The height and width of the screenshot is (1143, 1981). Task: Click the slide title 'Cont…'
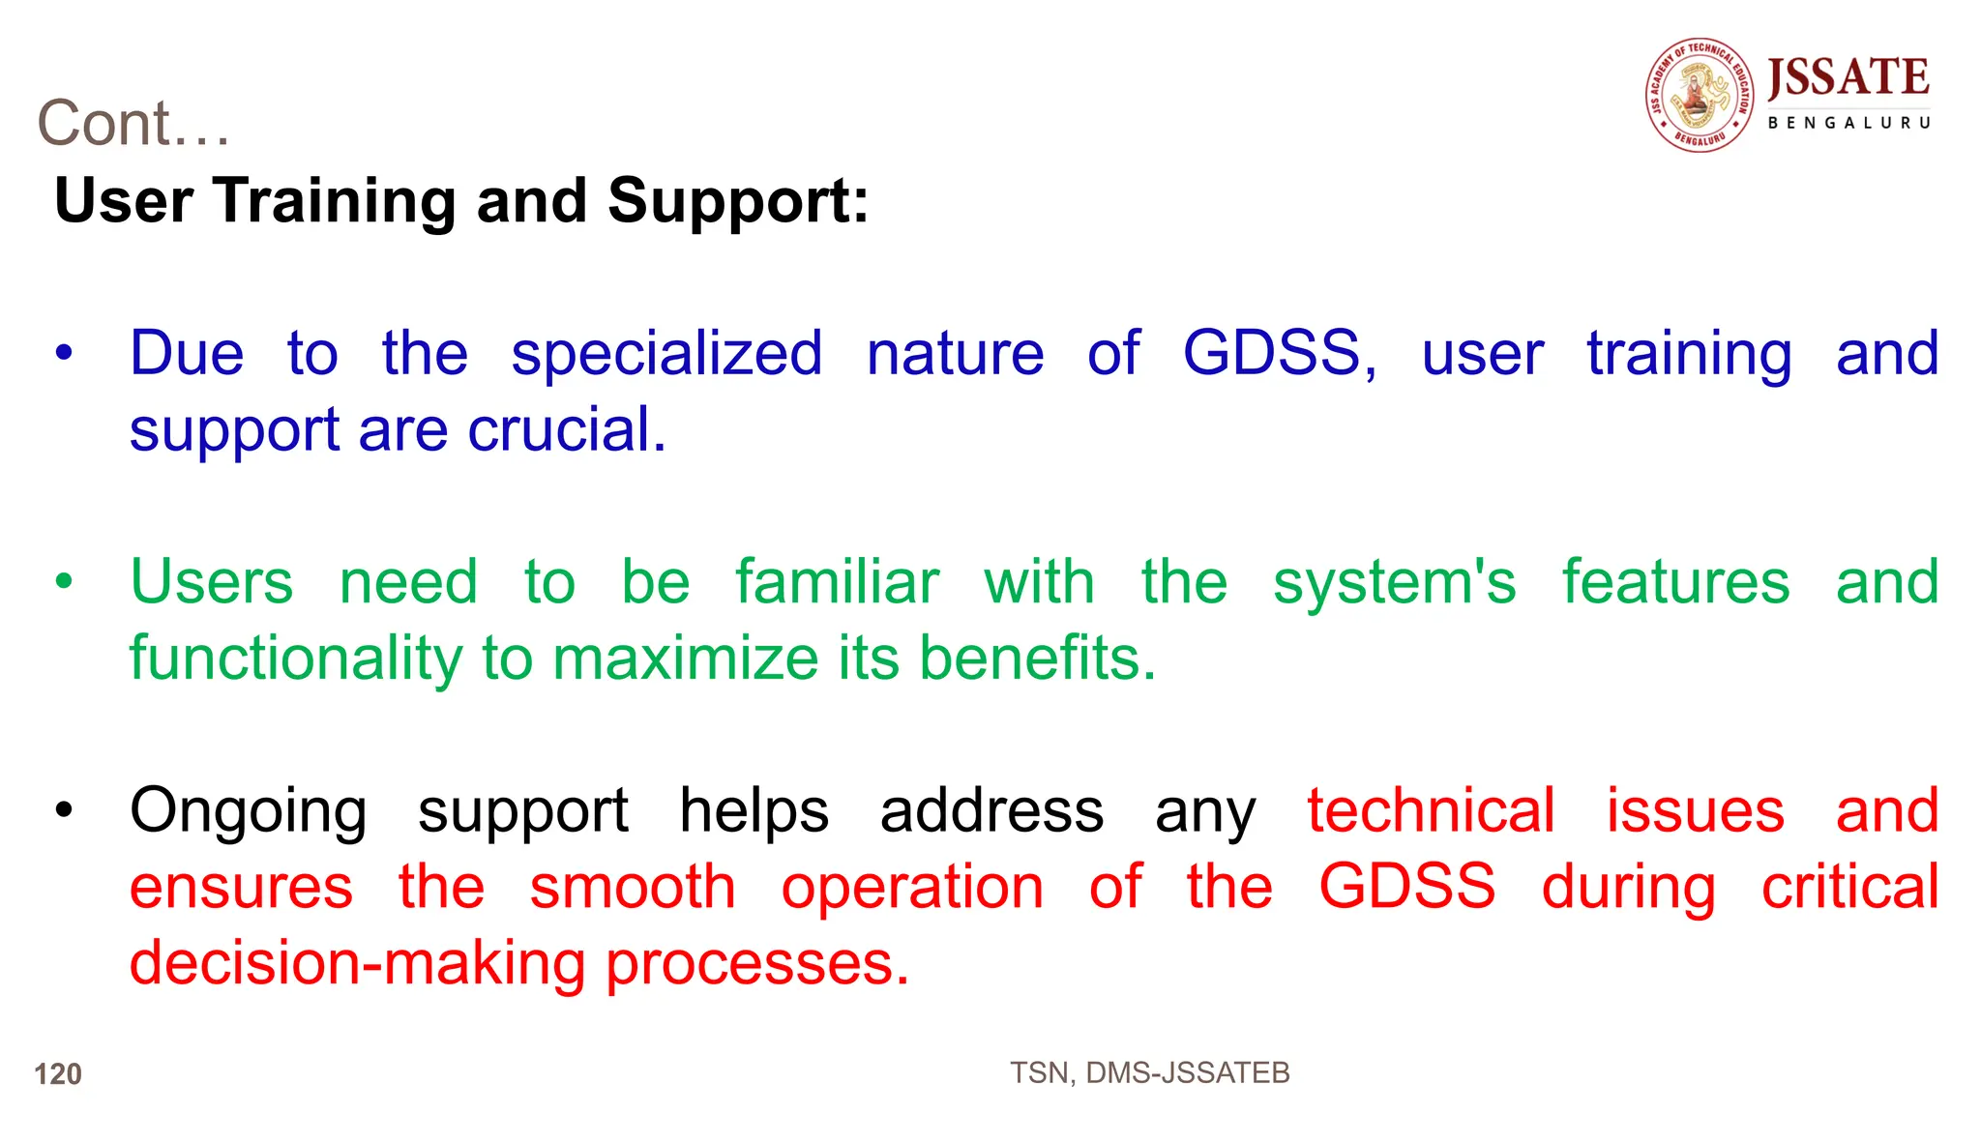click(133, 124)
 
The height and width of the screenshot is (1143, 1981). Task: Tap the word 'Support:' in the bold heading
click(738, 201)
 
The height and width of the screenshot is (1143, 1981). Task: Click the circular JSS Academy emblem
click(1700, 95)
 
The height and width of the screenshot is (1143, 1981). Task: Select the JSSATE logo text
click(1848, 77)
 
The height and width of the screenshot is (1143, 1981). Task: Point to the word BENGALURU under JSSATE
click(1848, 123)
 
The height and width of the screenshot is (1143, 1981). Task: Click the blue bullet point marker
click(64, 353)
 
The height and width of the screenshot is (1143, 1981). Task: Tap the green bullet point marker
click(64, 582)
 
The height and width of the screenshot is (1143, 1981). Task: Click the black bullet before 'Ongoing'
click(64, 810)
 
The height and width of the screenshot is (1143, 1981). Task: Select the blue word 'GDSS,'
click(1279, 353)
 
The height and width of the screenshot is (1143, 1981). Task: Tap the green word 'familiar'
click(837, 582)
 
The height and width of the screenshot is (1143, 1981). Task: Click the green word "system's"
click(1394, 582)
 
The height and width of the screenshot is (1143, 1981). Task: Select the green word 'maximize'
click(686, 659)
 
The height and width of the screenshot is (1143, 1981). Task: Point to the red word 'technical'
click(1431, 810)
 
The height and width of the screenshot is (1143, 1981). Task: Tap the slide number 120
click(58, 1073)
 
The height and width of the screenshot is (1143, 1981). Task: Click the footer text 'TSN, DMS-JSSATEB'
click(1149, 1072)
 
